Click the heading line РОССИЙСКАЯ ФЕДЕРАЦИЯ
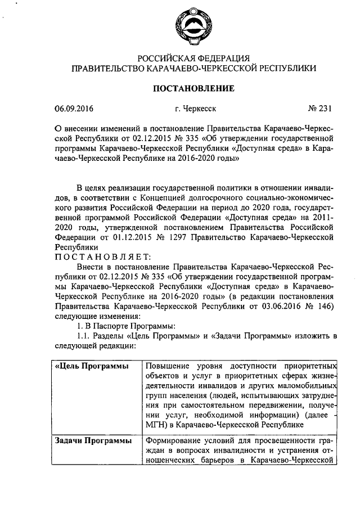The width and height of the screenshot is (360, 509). (x=194, y=58)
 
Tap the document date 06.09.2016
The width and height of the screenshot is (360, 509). (x=73, y=109)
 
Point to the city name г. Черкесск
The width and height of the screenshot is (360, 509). (x=195, y=109)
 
